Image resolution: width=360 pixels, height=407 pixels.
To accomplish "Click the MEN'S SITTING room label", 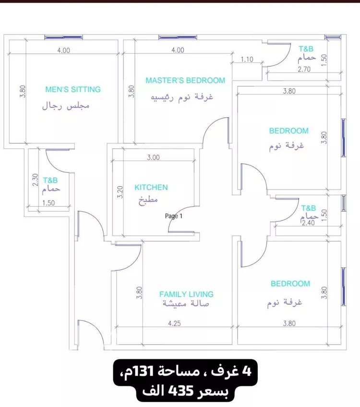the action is pos(73,89).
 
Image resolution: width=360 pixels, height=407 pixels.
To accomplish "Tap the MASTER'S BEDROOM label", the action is pos(185,81).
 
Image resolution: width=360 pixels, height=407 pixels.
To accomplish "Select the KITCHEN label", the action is pos(151,187).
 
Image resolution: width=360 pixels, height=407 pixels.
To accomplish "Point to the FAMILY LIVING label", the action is pos(186,294).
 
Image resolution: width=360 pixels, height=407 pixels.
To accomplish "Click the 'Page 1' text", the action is pos(174,216).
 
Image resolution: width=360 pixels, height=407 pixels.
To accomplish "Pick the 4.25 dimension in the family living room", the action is pos(174,323).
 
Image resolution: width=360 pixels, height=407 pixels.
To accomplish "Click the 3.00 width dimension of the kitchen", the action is pos(154,157).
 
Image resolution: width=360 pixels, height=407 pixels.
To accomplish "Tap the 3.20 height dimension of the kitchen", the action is pos(120,192).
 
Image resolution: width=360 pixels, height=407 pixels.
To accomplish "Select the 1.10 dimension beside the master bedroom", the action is pos(247,60).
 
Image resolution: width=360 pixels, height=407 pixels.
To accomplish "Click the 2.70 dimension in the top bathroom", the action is pos(304,69).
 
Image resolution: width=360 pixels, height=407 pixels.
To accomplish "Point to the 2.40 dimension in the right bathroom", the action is pos(308,223).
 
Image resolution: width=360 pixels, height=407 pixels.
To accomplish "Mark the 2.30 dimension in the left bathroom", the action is pos(36,180).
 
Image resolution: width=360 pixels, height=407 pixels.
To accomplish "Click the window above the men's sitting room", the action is pos(63,37).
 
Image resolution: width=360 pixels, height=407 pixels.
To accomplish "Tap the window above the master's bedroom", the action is pos(178,37).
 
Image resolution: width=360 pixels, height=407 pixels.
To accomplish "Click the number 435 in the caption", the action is pos(181,391).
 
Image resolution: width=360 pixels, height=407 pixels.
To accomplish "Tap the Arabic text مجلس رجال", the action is pos(66,106).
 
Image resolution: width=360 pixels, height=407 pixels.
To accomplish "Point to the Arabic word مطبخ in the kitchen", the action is pos(148,200).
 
